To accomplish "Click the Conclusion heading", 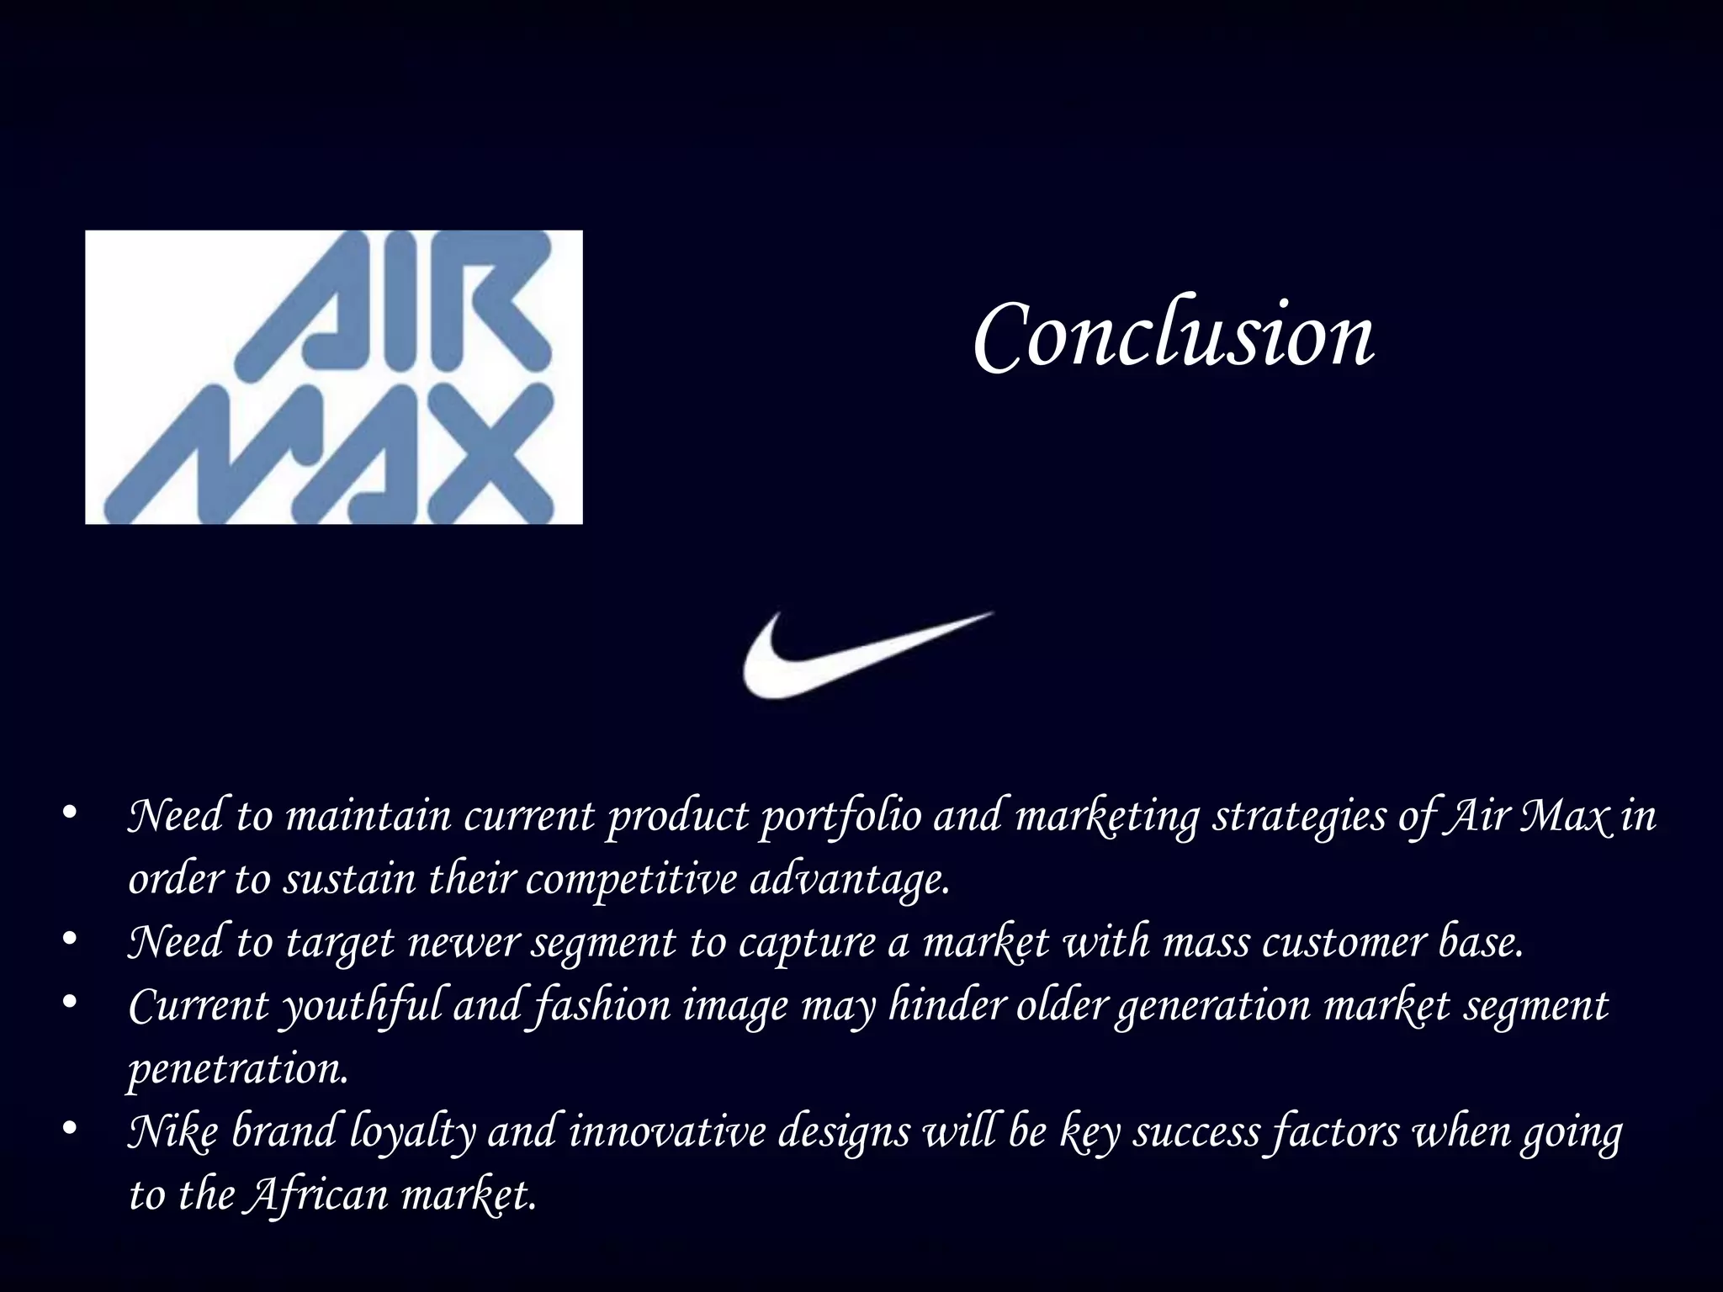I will (x=1174, y=336).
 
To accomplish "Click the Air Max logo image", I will (x=333, y=377).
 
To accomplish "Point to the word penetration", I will (x=238, y=1070).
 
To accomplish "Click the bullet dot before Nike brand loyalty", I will (x=71, y=1129).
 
